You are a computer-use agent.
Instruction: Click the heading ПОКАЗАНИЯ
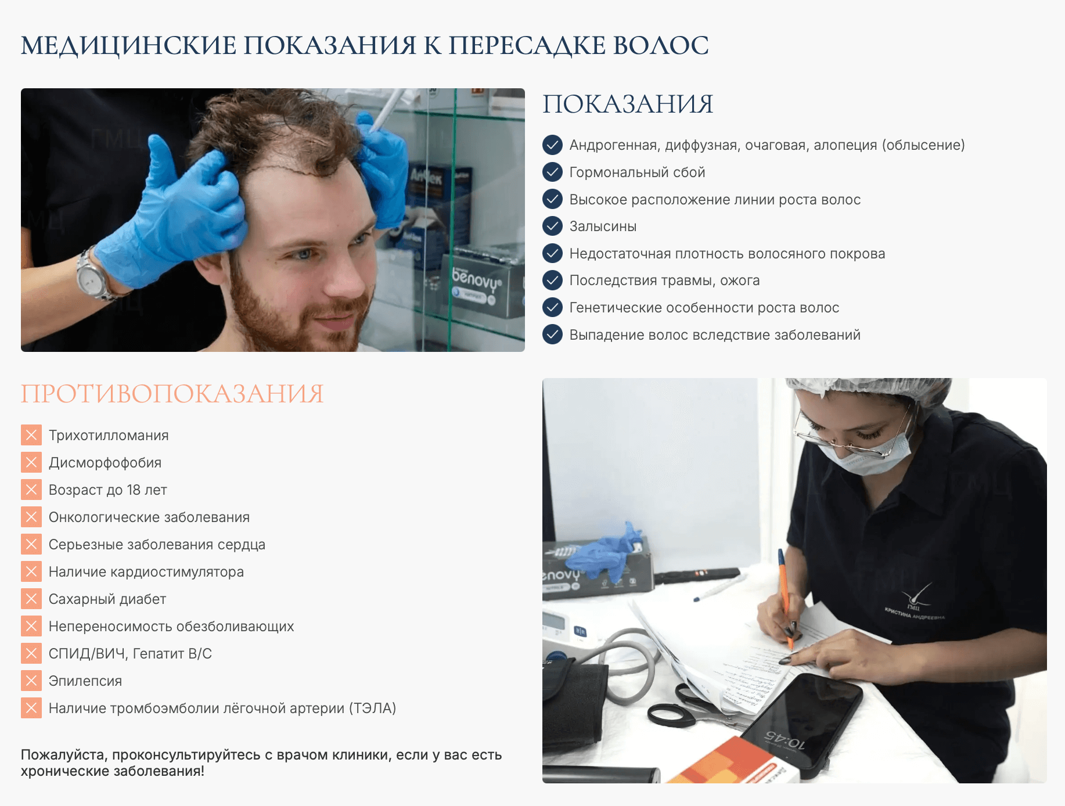pos(627,105)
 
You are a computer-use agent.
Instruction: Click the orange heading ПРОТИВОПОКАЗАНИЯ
pos(172,394)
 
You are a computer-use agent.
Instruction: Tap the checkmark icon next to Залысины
pos(552,226)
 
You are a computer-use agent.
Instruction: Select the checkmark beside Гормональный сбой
pos(552,172)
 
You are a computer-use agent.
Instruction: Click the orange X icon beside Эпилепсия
pos(31,681)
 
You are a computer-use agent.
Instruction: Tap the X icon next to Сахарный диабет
pos(31,599)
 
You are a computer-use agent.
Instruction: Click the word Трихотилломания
pos(109,436)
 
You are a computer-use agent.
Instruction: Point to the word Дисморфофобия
pos(105,463)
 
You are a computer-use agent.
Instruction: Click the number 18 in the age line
pos(134,490)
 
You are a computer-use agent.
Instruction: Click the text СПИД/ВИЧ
pos(87,654)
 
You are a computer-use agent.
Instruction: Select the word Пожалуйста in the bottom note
pos(64,755)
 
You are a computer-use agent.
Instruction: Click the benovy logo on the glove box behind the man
pos(476,279)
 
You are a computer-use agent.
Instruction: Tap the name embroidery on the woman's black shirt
pos(915,614)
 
